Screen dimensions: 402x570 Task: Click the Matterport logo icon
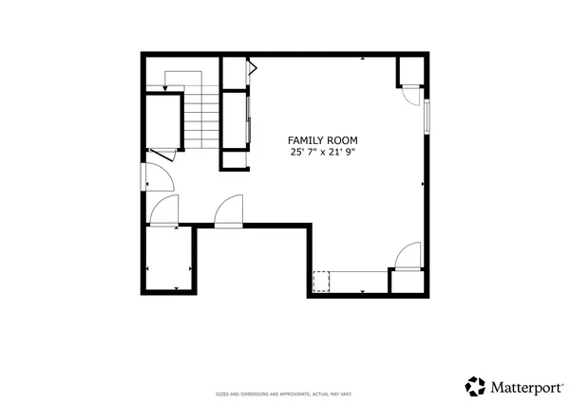click(475, 386)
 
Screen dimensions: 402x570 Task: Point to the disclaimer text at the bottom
click(284, 393)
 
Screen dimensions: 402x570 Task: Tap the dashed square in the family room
click(321, 282)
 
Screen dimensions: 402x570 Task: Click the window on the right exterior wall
click(427, 115)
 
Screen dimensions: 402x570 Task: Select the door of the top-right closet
click(410, 95)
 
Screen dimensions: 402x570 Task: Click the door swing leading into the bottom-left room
click(164, 213)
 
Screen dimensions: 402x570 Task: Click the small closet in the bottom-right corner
click(408, 283)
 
